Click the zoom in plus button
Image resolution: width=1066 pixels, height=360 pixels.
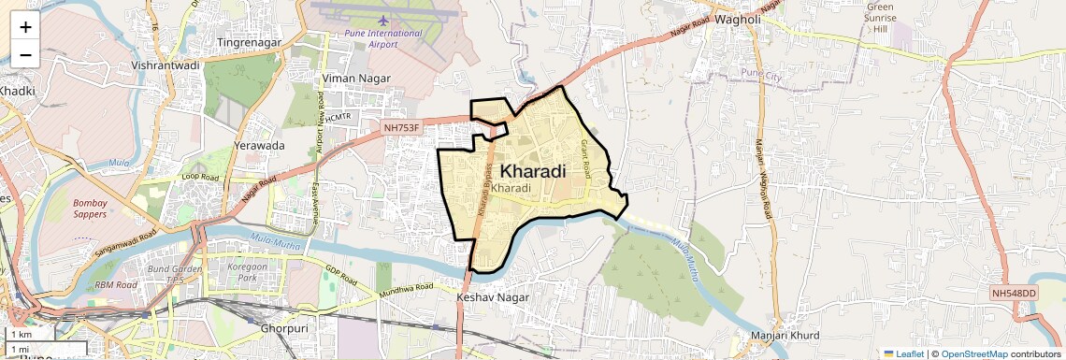click(x=25, y=26)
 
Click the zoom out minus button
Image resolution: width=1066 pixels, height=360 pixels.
click(x=25, y=54)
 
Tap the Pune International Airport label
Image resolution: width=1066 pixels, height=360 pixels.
click(x=383, y=37)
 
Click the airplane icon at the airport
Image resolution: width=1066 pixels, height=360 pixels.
click(x=383, y=19)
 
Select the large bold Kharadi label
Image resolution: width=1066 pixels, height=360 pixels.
click(x=533, y=171)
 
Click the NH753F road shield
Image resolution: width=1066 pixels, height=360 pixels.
click(x=403, y=125)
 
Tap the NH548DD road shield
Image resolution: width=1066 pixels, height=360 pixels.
click(x=1015, y=294)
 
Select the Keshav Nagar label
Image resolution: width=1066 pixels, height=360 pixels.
click(x=493, y=297)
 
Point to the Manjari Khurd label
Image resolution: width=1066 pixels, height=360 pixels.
click(x=785, y=336)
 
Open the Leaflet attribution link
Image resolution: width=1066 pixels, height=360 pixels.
click(x=903, y=353)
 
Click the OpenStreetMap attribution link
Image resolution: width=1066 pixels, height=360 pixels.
click(x=973, y=353)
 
